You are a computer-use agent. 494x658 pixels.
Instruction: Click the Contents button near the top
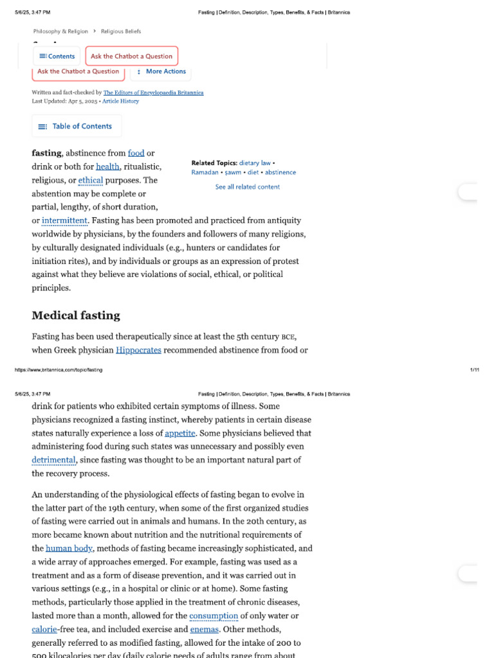(57, 57)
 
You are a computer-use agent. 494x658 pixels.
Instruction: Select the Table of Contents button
(76, 127)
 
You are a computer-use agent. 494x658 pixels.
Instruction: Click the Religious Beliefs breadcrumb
(120, 31)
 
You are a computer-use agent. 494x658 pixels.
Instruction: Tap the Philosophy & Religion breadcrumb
(60, 31)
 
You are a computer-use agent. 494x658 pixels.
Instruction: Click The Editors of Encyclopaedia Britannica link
(153, 93)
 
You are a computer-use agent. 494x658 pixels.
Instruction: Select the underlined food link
(136, 153)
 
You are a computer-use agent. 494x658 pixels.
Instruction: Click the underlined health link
(107, 167)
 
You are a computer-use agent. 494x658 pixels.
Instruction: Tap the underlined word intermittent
(64, 221)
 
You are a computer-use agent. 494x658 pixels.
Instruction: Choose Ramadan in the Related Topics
(204, 172)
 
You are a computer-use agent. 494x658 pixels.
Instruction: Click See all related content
(247, 187)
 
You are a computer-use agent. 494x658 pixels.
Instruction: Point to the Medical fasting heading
(76, 316)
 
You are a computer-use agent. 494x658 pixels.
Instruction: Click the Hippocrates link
(139, 350)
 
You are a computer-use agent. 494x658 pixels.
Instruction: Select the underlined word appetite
(179, 433)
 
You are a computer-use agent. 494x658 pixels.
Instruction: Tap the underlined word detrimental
(54, 460)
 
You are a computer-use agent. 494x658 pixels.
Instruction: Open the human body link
(69, 548)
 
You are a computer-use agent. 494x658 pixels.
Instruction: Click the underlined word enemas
(205, 630)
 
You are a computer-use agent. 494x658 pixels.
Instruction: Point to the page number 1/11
(474, 370)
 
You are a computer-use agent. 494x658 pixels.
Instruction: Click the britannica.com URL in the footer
(59, 370)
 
